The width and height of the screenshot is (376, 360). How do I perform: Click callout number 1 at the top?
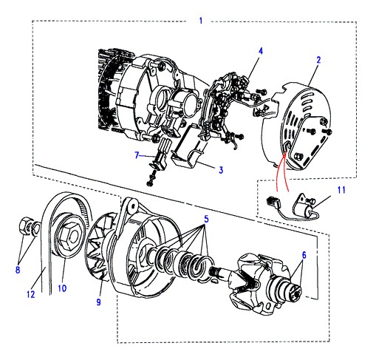pyautogui.click(x=201, y=20)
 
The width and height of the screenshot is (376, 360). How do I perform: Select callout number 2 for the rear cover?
pyautogui.click(x=318, y=60)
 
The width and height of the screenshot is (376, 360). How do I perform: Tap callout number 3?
pyautogui.click(x=221, y=170)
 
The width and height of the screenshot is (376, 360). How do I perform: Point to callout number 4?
pyautogui.click(x=261, y=51)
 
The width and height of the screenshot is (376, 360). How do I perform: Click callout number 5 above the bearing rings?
pyautogui.click(x=206, y=219)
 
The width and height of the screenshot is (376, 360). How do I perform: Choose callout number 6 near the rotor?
pyautogui.click(x=304, y=255)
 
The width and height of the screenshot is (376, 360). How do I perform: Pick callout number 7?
pyautogui.click(x=137, y=155)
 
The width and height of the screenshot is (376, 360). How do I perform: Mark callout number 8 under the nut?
pyautogui.click(x=18, y=270)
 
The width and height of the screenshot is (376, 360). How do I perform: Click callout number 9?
pyautogui.click(x=98, y=302)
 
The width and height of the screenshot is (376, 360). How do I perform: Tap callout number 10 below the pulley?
pyautogui.click(x=62, y=288)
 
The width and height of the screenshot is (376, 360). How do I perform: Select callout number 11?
pyautogui.click(x=341, y=190)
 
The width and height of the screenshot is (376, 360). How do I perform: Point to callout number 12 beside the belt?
pyautogui.click(x=31, y=294)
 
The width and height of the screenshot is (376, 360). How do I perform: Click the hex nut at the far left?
pyautogui.click(x=24, y=225)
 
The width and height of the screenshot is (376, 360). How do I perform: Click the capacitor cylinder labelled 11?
pyautogui.click(x=308, y=211)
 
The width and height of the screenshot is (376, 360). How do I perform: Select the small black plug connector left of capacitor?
pyautogui.click(x=272, y=202)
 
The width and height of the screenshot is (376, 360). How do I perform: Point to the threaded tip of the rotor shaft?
pyautogui.click(x=213, y=271)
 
